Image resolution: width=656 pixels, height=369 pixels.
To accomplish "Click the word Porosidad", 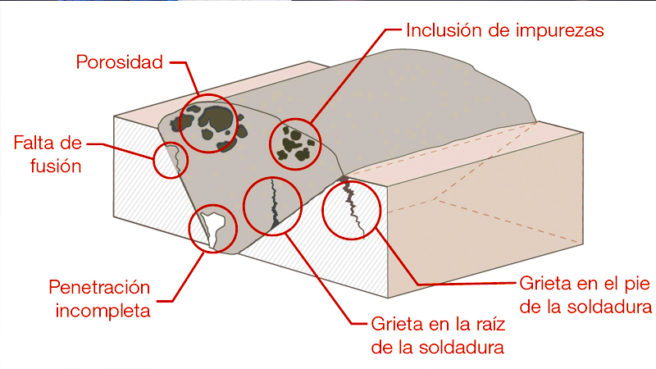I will tap(120, 61).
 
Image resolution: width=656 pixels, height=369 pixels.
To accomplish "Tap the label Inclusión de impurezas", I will tap(505, 31).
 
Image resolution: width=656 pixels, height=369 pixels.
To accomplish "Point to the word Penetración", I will tap(100, 288).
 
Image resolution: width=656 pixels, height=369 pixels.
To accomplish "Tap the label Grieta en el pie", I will tap(585, 285).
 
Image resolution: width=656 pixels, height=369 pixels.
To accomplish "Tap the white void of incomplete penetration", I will tap(212, 225).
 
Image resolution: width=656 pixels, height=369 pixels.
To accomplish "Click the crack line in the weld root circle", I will tap(273, 205).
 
